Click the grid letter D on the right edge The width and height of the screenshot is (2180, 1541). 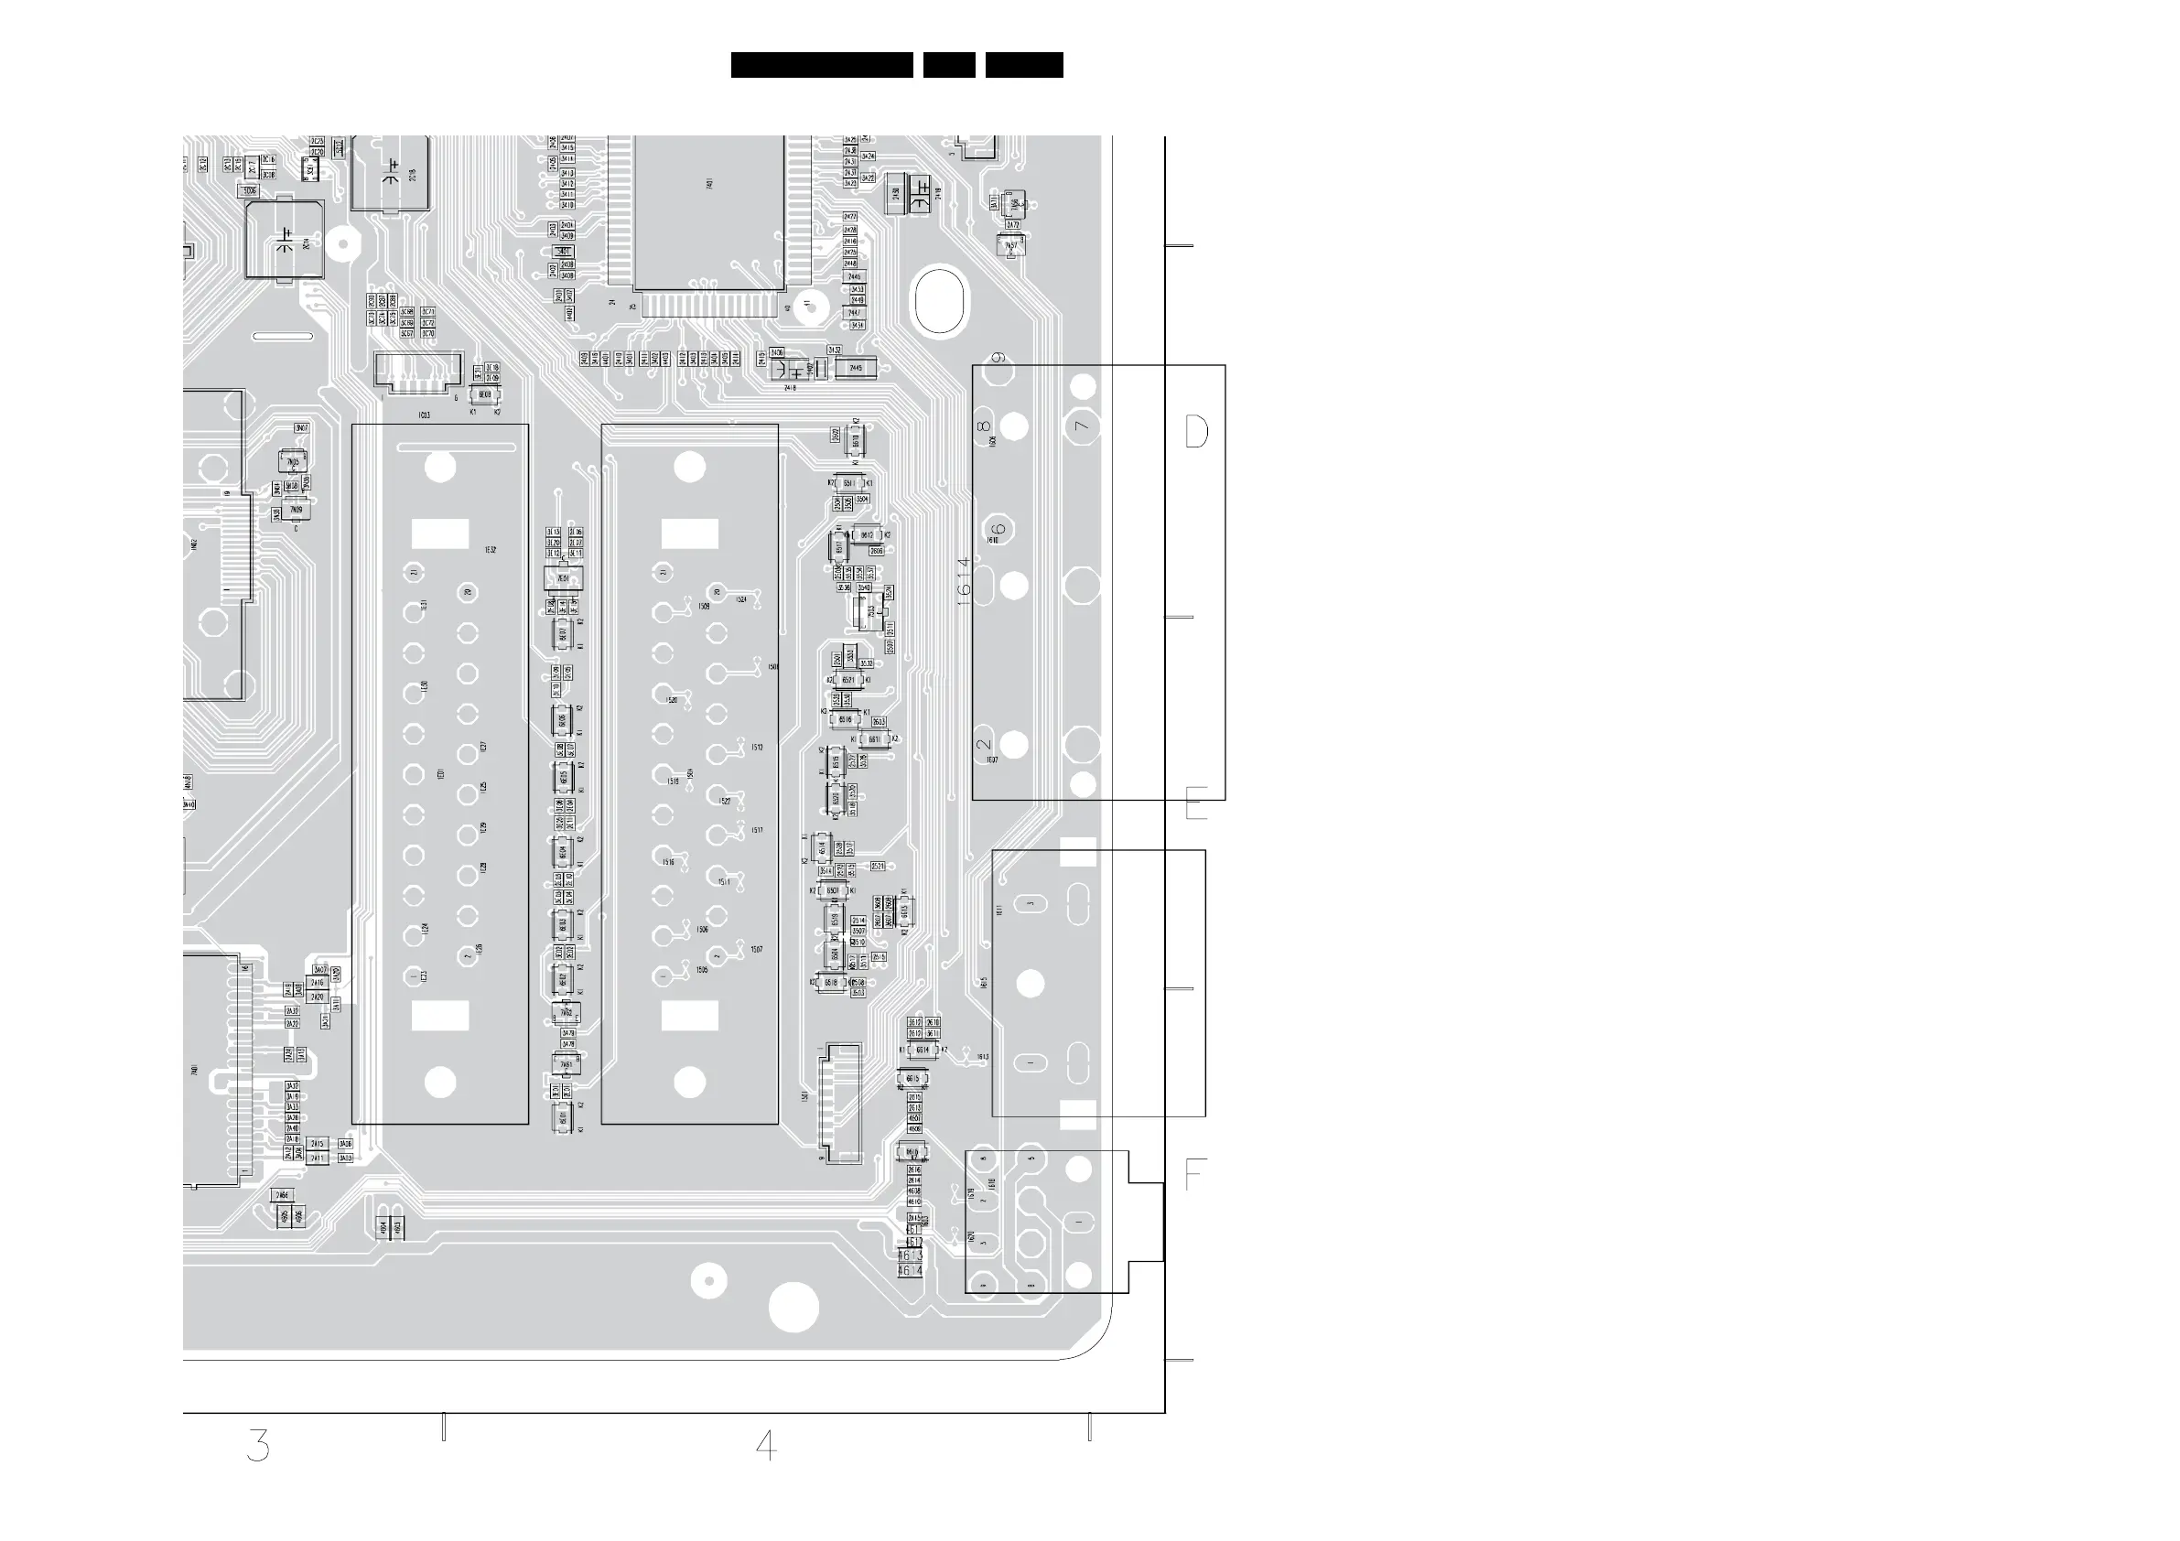coord(1196,432)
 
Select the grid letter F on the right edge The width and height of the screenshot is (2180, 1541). coord(1194,1176)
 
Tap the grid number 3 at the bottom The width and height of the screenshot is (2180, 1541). coord(257,1445)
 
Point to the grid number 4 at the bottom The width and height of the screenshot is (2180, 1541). coord(766,1445)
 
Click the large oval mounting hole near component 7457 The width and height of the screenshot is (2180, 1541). coord(939,302)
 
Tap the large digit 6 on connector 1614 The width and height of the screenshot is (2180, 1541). coord(998,530)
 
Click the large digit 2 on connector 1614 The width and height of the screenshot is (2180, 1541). coord(985,743)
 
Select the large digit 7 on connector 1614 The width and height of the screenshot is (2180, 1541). coord(1082,426)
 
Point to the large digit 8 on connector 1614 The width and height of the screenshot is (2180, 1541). coord(984,426)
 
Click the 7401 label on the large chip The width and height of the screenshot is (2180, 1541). coord(710,183)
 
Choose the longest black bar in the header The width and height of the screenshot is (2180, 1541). coord(821,65)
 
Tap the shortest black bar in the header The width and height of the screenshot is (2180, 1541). coord(948,65)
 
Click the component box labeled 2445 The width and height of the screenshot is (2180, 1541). coord(856,368)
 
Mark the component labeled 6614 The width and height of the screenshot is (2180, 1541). coord(922,1051)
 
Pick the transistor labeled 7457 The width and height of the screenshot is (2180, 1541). coord(1011,246)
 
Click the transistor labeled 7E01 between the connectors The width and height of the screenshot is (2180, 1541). coord(563,578)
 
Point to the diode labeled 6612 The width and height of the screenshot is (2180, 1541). coord(867,535)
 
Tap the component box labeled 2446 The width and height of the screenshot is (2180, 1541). coord(854,276)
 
